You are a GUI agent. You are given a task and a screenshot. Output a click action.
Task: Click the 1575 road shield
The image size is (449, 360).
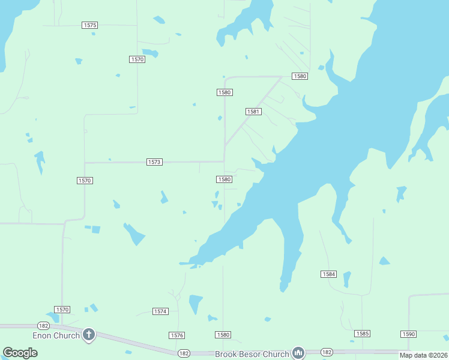tap(90, 25)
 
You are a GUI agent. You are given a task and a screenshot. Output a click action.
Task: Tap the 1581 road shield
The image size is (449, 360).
tap(253, 112)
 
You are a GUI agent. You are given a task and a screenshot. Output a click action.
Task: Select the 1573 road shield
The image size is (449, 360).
tap(154, 163)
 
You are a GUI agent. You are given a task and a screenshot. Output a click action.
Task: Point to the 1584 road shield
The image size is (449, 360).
tap(328, 274)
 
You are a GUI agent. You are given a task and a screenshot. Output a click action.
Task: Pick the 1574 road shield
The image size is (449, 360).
tap(160, 311)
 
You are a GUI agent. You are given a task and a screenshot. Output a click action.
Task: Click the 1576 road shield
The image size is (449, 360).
tap(176, 335)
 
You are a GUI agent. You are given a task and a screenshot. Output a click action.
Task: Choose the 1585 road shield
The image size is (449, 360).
tap(362, 334)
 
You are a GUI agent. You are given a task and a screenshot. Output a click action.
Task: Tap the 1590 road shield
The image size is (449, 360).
tap(408, 334)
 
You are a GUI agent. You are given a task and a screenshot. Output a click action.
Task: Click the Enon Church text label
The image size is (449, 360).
tap(56, 335)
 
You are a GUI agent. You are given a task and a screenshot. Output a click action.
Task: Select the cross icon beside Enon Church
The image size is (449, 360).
tap(89, 335)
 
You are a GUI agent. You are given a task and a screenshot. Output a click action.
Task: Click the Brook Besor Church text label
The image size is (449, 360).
tap(252, 355)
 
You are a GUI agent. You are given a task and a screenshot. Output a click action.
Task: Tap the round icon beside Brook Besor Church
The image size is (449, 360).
tap(299, 353)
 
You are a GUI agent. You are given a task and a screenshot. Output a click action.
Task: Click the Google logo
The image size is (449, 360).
tap(20, 353)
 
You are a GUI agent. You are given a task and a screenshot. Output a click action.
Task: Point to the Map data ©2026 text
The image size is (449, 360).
tap(423, 355)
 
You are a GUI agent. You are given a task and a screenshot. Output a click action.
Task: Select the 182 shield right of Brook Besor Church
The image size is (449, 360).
tap(327, 352)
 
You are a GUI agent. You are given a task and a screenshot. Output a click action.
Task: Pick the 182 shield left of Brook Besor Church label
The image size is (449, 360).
tap(184, 353)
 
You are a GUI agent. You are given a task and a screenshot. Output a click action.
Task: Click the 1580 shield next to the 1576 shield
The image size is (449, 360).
tap(223, 335)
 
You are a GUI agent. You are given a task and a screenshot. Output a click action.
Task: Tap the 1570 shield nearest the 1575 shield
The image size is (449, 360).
tap(137, 59)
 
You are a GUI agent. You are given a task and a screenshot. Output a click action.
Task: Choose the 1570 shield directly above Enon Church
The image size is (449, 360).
tap(62, 310)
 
